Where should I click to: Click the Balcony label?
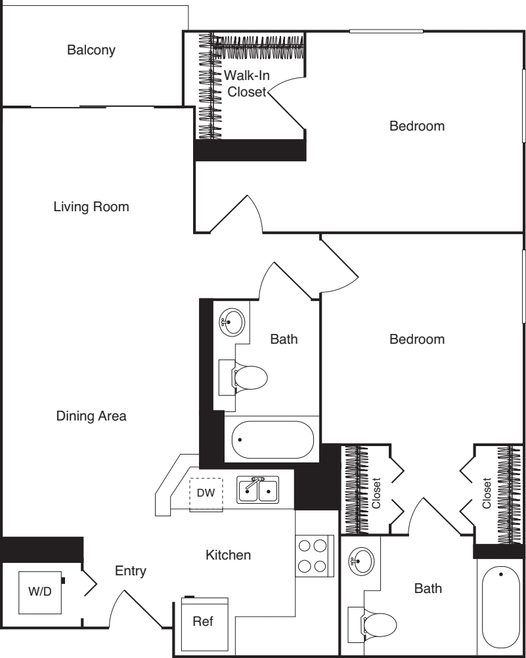pos(91,50)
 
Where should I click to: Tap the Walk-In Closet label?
pos(247,83)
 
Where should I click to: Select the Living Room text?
pos(91,207)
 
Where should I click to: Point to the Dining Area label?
pos(91,416)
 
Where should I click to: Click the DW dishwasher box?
pos(206,495)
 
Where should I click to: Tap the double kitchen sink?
pos(258,489)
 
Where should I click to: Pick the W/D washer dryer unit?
pos(40,592)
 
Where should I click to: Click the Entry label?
pos(131,571)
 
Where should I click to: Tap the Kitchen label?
pos(228,555)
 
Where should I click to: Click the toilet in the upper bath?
pos(243,377)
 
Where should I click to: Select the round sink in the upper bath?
pos(232,322)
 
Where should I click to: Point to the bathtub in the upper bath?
pos(273,440)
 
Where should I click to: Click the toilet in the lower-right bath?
pos(372,625)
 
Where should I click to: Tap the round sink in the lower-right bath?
pos(361,560)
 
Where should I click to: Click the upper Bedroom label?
pos(417,126)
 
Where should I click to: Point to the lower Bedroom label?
pos(417,339)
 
